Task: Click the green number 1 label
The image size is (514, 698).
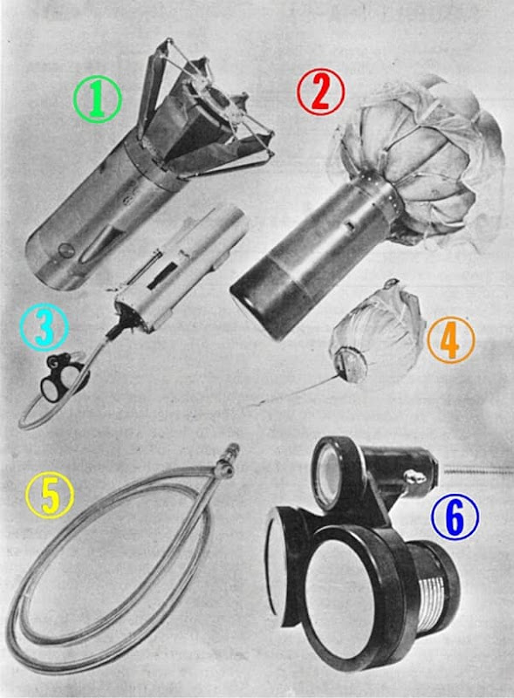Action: [98, 99]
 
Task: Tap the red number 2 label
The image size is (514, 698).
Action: [320, 92]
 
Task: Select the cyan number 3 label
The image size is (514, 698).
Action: [45, 327]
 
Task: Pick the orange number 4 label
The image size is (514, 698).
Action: [451, 339]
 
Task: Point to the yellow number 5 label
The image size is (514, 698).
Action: [50, 495]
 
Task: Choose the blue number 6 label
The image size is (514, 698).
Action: [455, 517]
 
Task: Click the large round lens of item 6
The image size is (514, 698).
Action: [339, 597]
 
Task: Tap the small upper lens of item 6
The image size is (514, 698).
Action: [331, 470]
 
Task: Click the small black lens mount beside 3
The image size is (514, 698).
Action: [61, 375]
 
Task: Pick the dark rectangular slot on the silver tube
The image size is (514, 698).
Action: [161, 276]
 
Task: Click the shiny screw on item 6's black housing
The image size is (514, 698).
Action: [415, 477]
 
